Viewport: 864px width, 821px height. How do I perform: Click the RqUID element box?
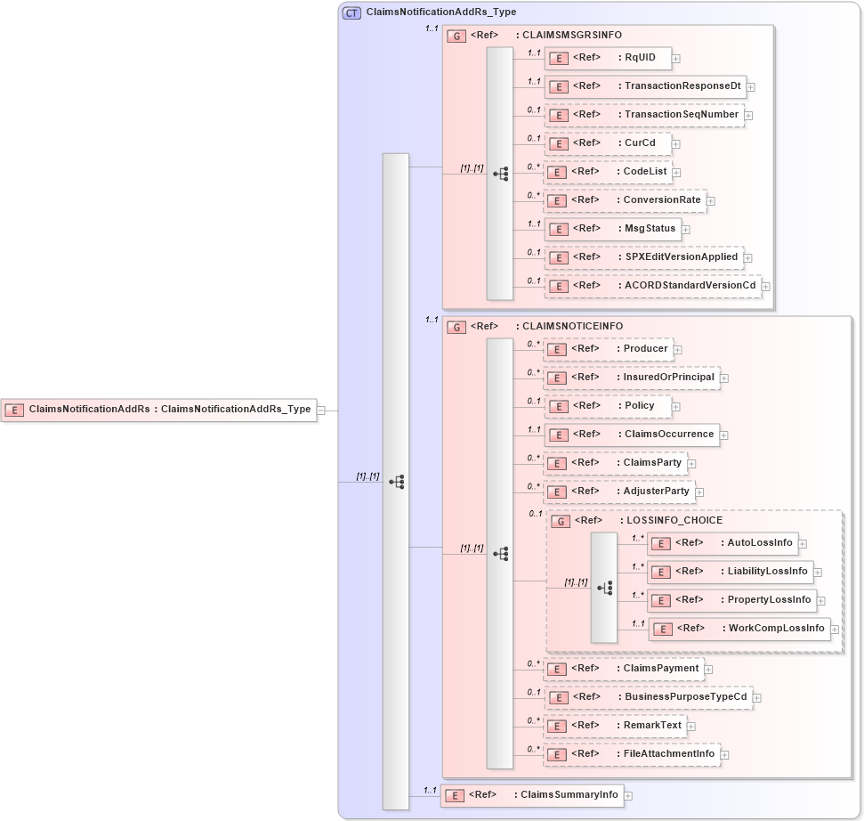pos(608,58)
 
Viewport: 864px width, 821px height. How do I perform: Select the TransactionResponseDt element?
pos(645,86)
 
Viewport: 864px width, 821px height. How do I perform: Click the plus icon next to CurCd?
pos(676,143)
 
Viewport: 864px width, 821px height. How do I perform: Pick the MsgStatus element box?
pos(612,228)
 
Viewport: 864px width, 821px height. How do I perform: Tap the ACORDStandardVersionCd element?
pos(653,286)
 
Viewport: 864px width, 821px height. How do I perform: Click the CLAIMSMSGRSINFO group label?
pos(569,36)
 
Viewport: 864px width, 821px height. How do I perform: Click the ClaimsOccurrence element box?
pos(632,434)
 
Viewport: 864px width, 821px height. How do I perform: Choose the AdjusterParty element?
pos(619,491)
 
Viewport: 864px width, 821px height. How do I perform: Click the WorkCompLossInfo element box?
pos(739,628)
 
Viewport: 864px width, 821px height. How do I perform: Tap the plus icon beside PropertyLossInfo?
pos(821,600)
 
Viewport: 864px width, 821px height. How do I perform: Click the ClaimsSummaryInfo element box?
pos(532,794)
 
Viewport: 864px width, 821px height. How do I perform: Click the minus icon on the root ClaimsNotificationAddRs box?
pos(321,410)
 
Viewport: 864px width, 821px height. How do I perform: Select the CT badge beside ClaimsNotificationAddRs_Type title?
pos(351,12)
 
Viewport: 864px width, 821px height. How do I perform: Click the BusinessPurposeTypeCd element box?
pos(649,696)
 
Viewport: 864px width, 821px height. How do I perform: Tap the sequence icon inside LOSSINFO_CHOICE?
pos(604,588)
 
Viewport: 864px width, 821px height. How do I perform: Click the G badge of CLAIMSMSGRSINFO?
pos(456,36)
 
